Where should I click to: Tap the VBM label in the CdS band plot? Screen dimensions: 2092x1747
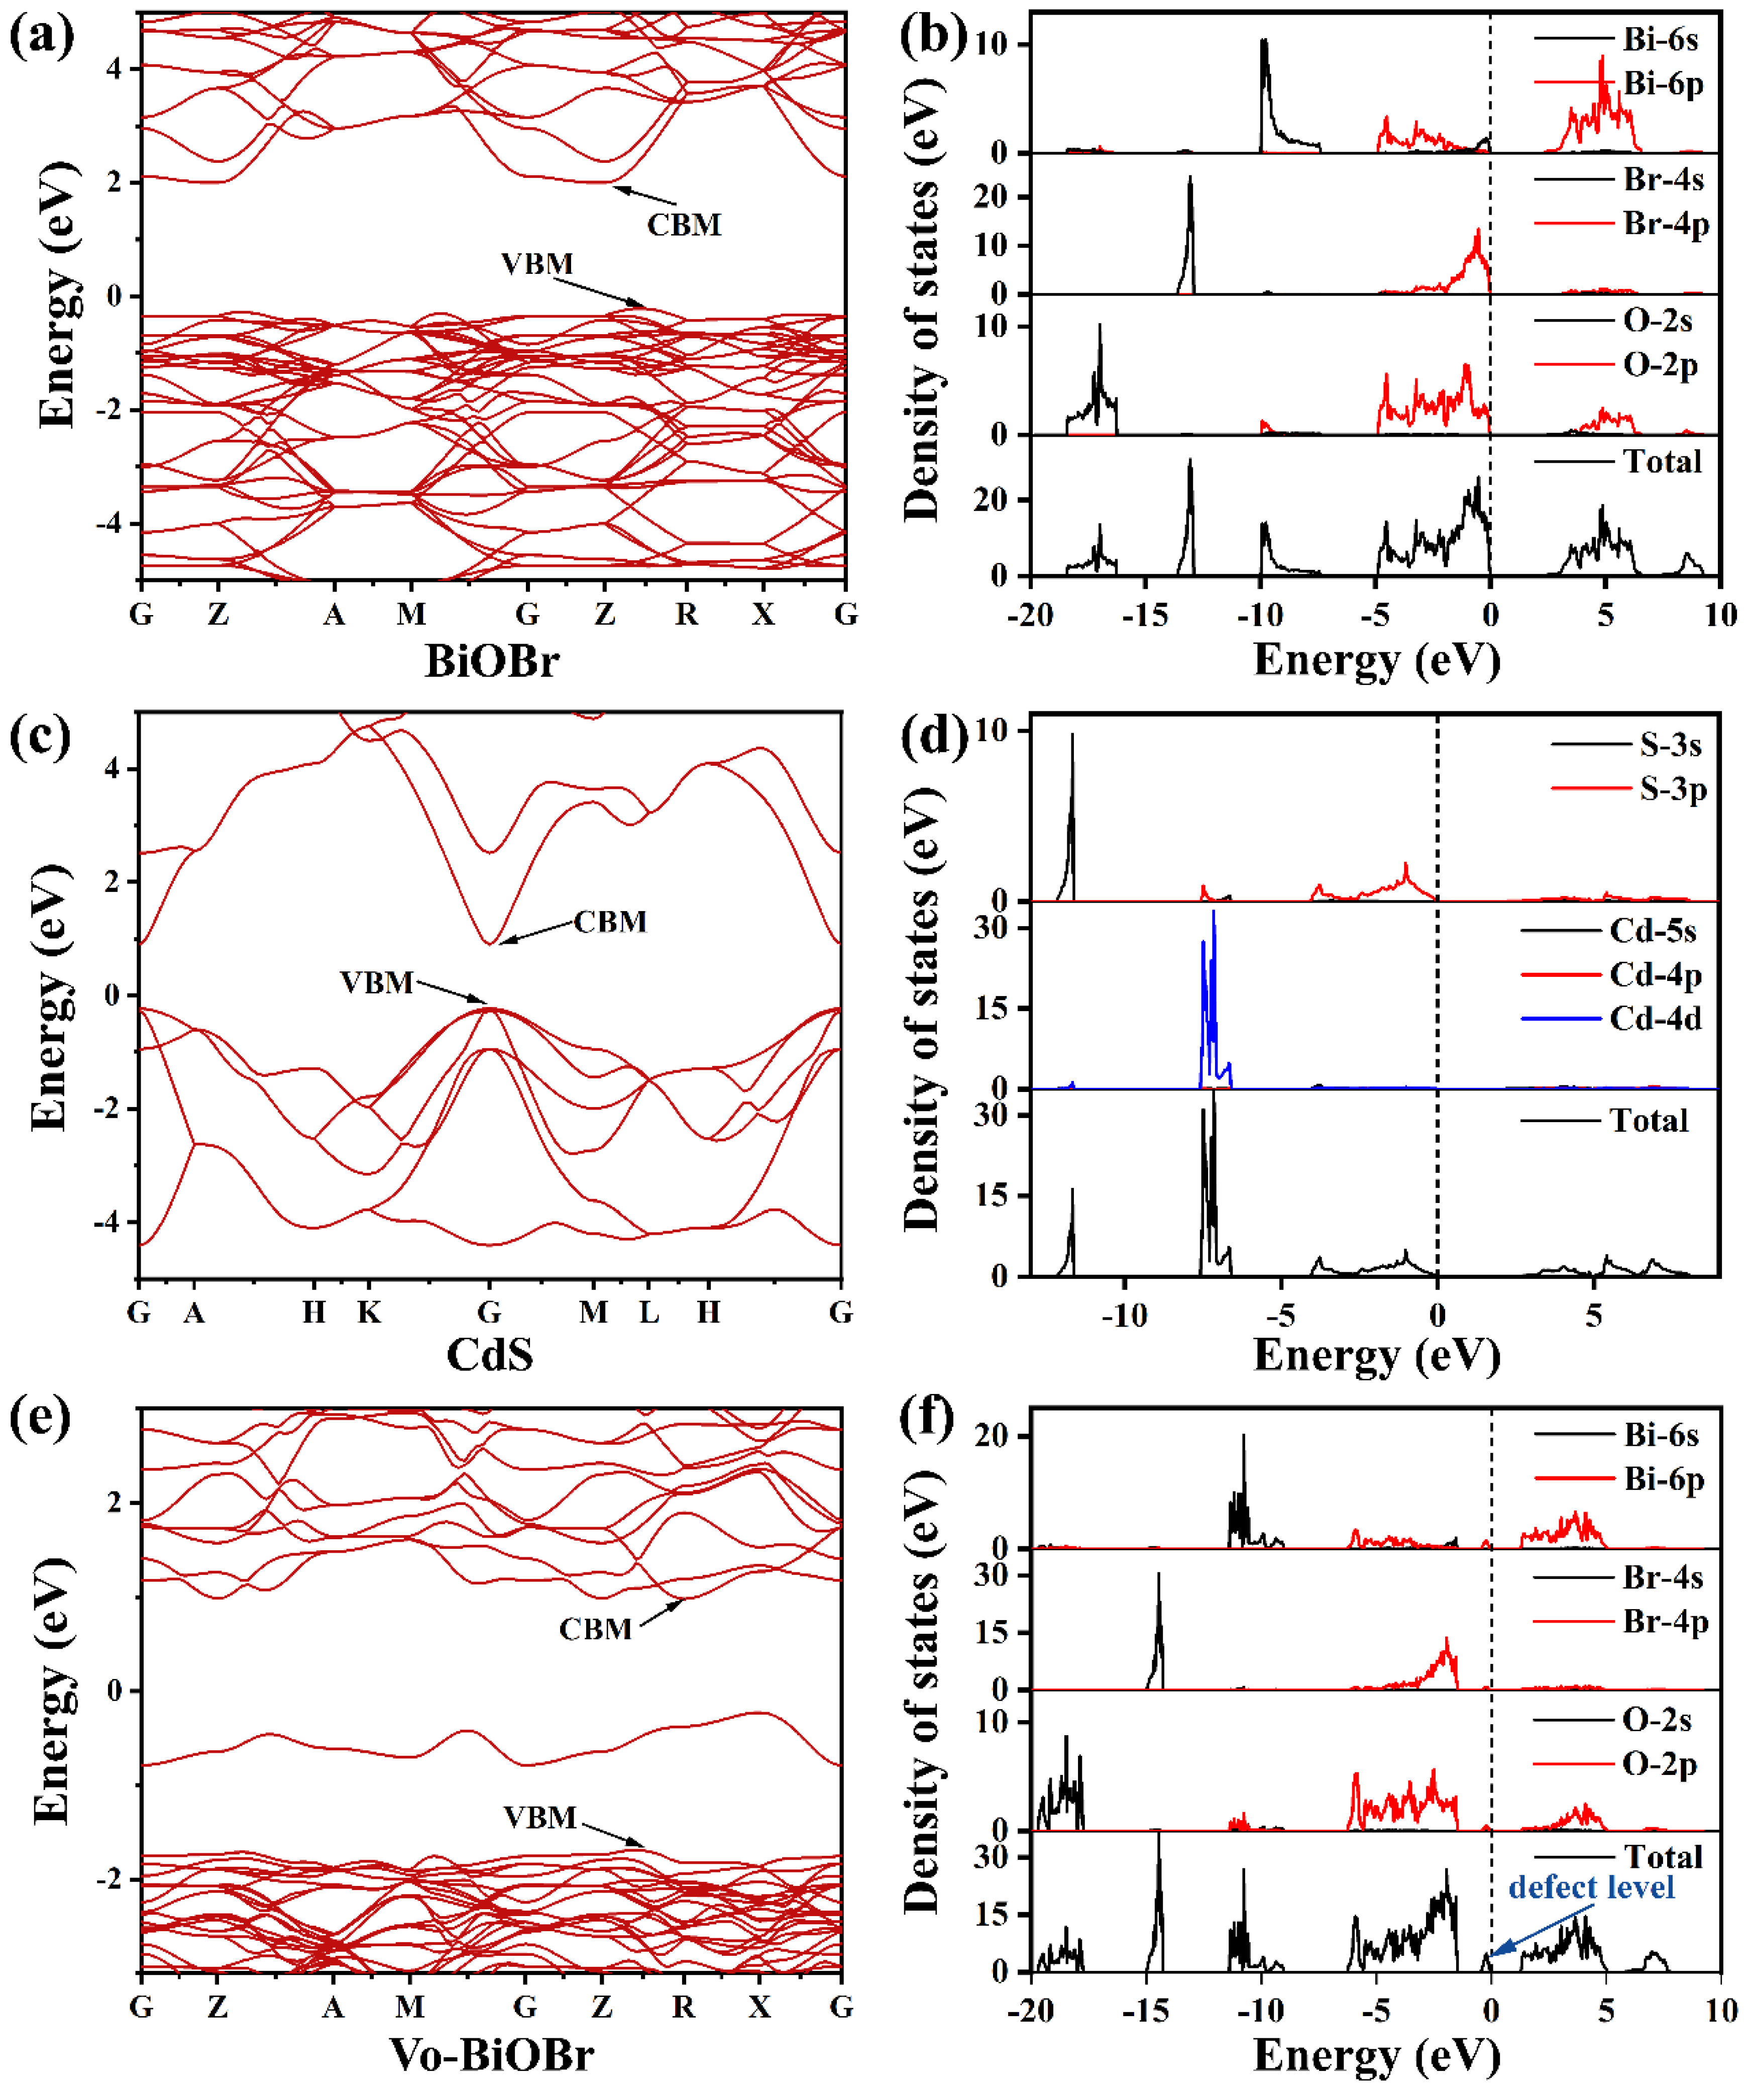(x=377, y=982)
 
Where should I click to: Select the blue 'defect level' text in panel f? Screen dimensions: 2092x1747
(x=1591, y=1887)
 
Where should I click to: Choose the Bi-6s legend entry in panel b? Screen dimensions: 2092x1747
(x=1660, y=40)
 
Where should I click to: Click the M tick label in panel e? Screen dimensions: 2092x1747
(x=409, y=2007)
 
